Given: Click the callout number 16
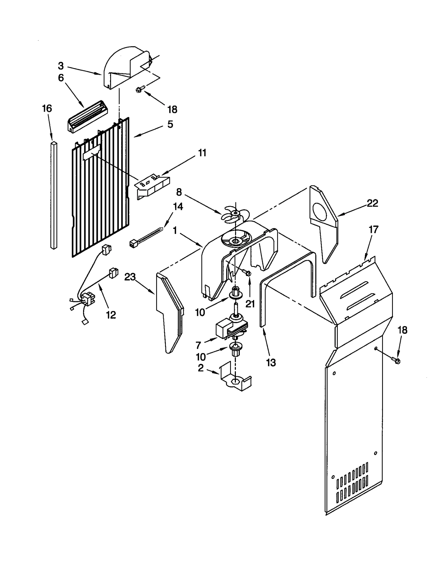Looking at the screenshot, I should tap(47, 108).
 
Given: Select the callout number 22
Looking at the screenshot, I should tap(372, 203).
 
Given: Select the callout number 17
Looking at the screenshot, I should tap(373, 229).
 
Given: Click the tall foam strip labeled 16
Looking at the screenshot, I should tap(54, 195).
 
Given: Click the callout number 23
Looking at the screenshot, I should tap(130, 276).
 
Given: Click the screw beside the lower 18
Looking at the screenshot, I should tap(396, 361).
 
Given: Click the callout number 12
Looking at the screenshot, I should tap(111, 315).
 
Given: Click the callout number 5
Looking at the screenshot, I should tap(170, 124).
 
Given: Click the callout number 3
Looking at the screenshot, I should tap(61, 66).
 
